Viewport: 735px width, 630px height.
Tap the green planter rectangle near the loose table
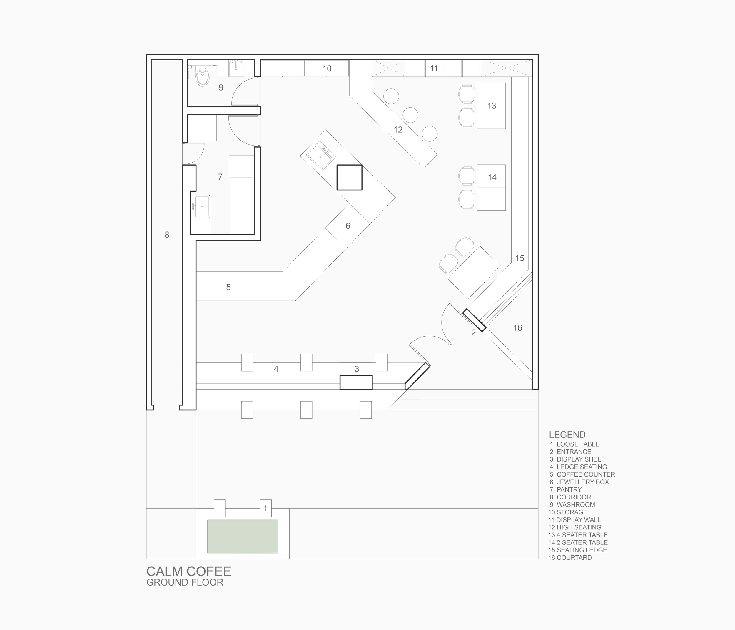pos(243,536)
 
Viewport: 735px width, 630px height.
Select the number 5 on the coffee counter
pos(228,287)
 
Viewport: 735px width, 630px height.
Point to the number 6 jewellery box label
pos(348,226)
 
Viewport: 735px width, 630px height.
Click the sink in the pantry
pos(200,206)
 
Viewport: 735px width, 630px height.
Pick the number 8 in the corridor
pos(167,235)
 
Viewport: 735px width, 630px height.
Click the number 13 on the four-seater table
pos(492,106)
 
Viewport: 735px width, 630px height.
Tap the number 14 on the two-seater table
pos(492,177)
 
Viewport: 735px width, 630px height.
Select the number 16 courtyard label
pos(518,328)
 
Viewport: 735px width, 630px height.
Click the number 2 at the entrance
pos(473,333)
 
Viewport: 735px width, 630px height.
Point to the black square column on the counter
pos(349,177)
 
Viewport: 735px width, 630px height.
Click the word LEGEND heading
pos(567,435)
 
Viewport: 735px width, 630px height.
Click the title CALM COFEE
pos(189,571)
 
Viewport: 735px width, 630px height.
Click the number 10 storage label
pos(327,69)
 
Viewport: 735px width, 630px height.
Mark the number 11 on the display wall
pos(434,69)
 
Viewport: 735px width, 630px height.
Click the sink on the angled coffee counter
pos(321,156)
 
